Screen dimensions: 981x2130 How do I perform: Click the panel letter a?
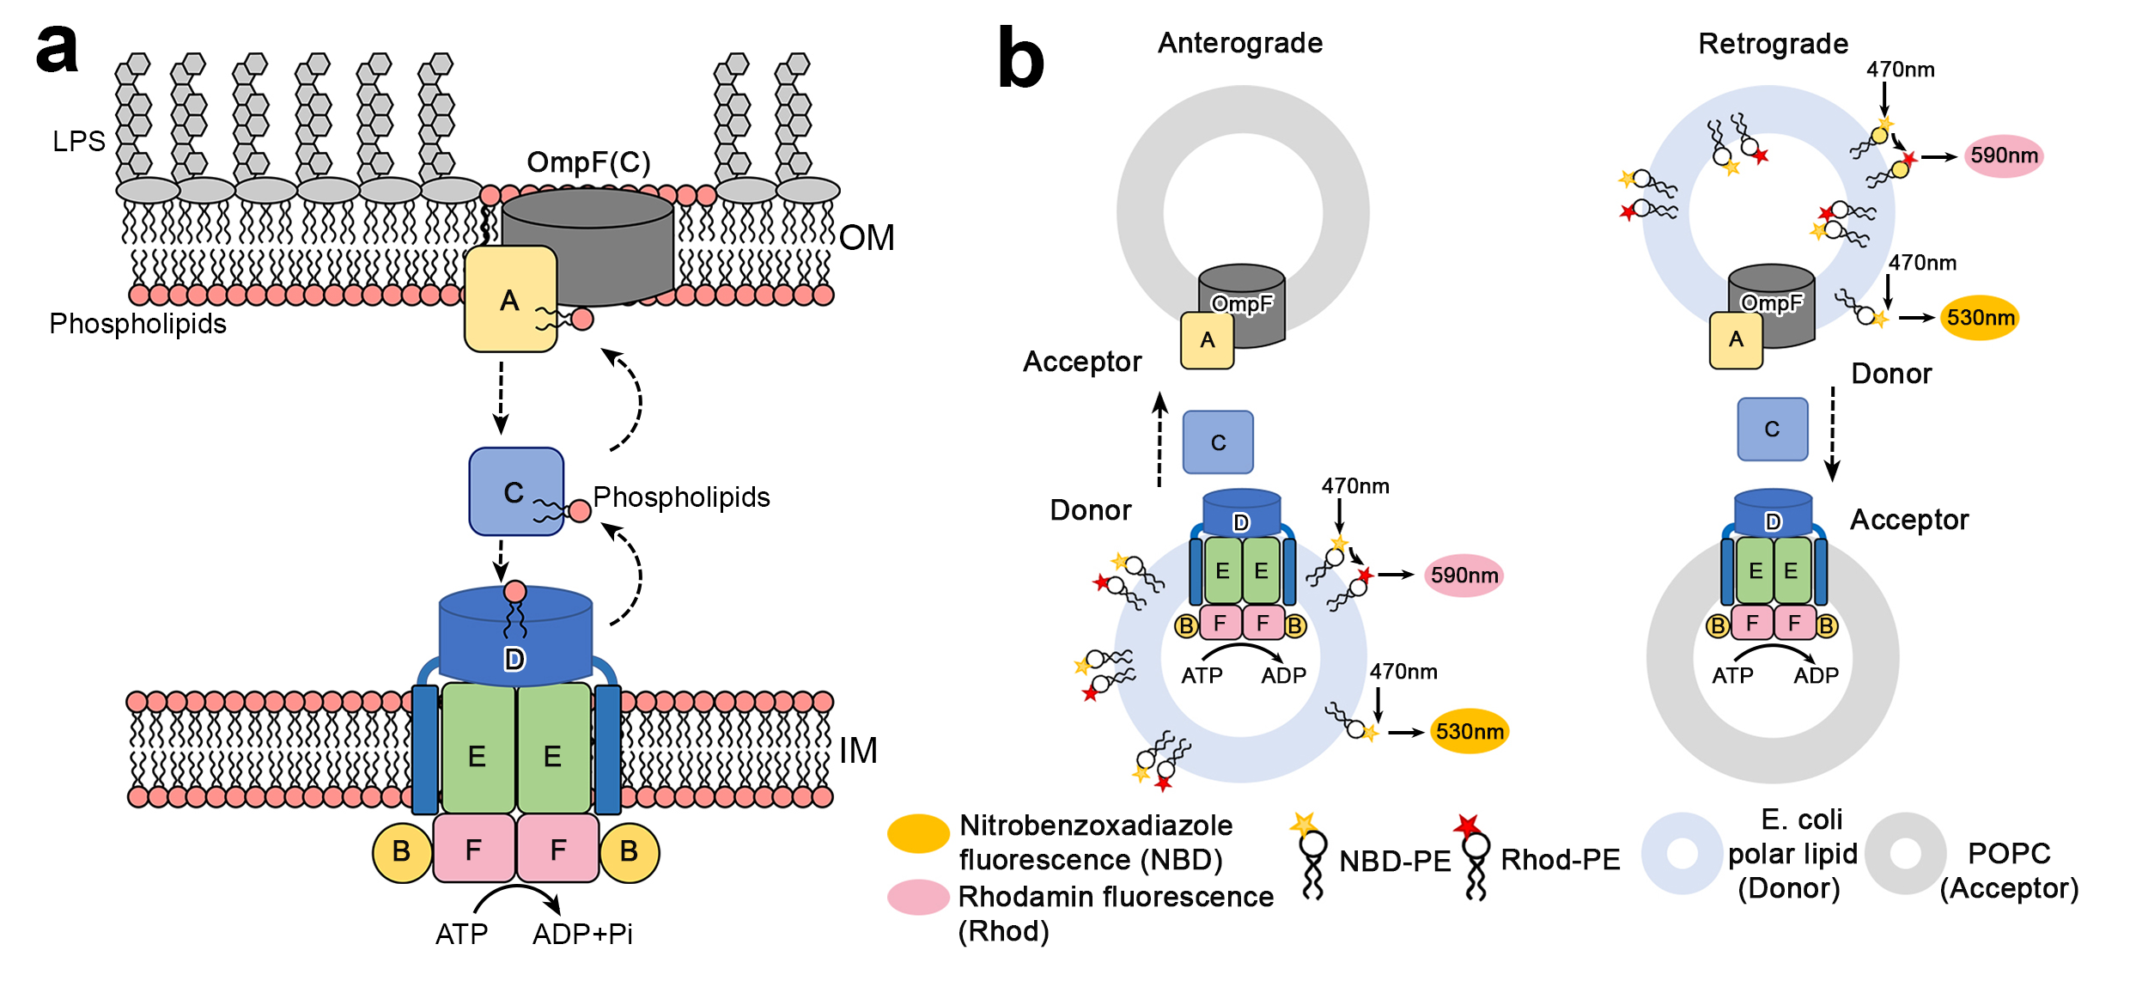click(57, 49)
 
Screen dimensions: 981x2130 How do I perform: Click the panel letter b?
click(1020, 58)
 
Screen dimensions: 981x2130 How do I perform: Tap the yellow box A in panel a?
click(510, 300)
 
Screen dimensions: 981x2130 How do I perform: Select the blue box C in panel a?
click(515, 491)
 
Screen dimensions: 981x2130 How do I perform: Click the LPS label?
click(78, 141)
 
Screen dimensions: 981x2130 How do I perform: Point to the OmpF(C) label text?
click(588, 161)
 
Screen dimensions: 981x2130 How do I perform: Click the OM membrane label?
click(867, 238)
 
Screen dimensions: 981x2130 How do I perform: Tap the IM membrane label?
click(858, 750)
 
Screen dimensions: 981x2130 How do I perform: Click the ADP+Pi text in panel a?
click(582, 934)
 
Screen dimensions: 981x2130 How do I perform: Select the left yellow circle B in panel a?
click(401, 851)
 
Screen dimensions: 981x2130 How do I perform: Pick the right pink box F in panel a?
click(557, 850)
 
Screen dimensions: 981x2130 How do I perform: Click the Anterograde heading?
click(1239, 43)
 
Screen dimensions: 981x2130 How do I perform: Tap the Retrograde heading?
click(1773, 44)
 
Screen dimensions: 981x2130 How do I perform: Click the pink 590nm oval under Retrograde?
click(2003, 156)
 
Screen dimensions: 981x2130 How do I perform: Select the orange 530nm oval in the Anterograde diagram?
click(1469, 731)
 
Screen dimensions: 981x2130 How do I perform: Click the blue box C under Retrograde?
click(1772, 429)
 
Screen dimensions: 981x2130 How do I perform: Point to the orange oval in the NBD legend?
click(917, 833)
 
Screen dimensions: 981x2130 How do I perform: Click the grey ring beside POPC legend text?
click(1904, 853)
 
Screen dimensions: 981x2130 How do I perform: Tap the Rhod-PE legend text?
click(1560, 859)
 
